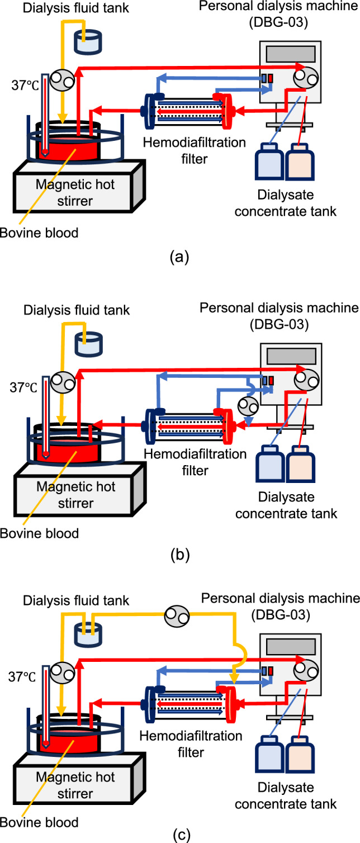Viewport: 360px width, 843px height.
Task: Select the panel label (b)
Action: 180,555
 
